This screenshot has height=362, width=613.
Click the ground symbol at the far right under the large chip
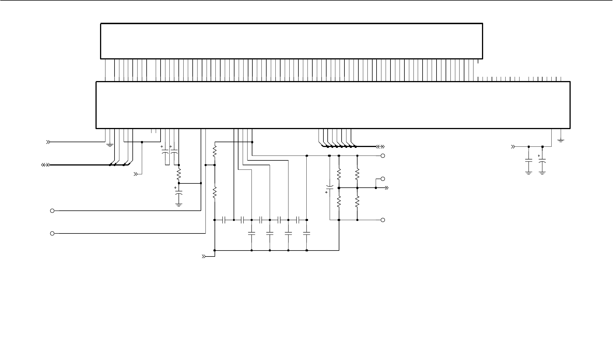coord(561,140)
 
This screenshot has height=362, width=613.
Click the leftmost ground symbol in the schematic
coord(110,145)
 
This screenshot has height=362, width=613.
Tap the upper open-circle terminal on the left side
coord(52,211)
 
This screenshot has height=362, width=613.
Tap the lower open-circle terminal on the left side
coord(52,233)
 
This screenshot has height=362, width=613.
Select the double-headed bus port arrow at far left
coord(45,165)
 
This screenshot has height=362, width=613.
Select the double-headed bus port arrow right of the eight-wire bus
coord(380,147)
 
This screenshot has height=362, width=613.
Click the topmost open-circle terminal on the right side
coord(383,156)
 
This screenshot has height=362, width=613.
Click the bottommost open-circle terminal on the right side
coord(383,220)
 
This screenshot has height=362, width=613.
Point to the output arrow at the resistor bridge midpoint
coord(386,188)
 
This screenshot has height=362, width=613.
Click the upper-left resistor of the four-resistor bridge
coord(339,174)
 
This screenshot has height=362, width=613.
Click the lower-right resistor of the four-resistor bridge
coord(357,202)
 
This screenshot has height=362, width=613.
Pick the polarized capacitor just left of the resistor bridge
coord(330,188)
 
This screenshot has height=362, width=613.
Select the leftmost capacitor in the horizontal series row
coord(224,220)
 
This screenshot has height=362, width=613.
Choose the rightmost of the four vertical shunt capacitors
coord(307,233)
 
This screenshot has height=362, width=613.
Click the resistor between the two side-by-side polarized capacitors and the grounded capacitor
coord(179,174)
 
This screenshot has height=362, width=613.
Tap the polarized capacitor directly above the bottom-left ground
coord(179,193)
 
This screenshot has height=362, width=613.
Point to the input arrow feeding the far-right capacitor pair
coord(513,147)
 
